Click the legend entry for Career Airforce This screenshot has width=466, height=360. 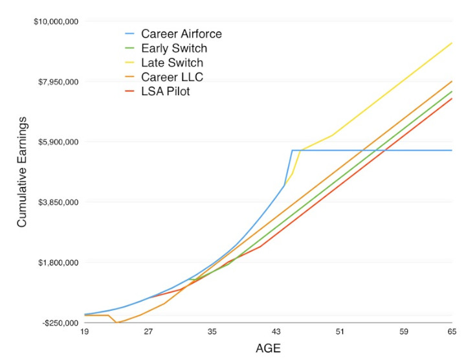(181, 34)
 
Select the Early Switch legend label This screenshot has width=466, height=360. (174, 49)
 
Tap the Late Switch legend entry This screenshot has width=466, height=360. (172, 63)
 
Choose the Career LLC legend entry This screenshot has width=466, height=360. (172, 77)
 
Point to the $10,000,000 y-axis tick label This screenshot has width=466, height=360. (56, 21)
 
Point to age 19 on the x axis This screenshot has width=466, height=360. (84, 332)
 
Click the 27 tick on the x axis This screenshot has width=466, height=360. (148, 332)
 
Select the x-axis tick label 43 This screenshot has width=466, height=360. (276, 332)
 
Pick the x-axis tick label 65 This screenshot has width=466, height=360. (451, 332)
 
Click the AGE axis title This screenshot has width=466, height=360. (268, 348)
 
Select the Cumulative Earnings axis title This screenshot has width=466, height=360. (23, 172)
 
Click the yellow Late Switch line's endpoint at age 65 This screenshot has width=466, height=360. (452, 43)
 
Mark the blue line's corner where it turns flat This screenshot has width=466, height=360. (293, 150)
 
